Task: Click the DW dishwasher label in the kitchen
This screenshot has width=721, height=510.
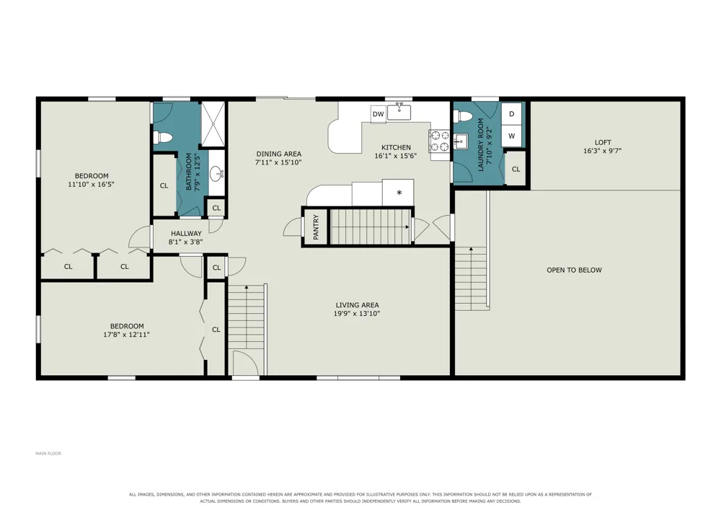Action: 378,114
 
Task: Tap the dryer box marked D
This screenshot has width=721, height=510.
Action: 511,113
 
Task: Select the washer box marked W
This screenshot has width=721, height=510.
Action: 511,136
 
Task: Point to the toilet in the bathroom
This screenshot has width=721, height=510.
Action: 162,138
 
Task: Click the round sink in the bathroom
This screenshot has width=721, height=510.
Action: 216,174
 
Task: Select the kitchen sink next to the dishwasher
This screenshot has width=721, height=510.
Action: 399,111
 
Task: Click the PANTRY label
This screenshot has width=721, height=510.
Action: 316,227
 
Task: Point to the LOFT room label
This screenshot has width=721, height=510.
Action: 603,143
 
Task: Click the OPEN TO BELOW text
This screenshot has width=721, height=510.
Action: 574,270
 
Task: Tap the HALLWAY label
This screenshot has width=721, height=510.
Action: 186,234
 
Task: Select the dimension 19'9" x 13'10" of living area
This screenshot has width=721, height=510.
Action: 357,314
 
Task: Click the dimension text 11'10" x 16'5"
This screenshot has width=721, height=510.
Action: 91,185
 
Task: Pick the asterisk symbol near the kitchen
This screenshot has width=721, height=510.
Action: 399,193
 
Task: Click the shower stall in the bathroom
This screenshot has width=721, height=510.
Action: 213,124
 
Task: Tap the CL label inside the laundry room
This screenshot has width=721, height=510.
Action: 516,170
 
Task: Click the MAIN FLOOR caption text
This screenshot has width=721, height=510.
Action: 48,454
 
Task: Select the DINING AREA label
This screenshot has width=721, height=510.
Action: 278,154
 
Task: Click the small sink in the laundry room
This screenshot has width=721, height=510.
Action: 460,141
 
